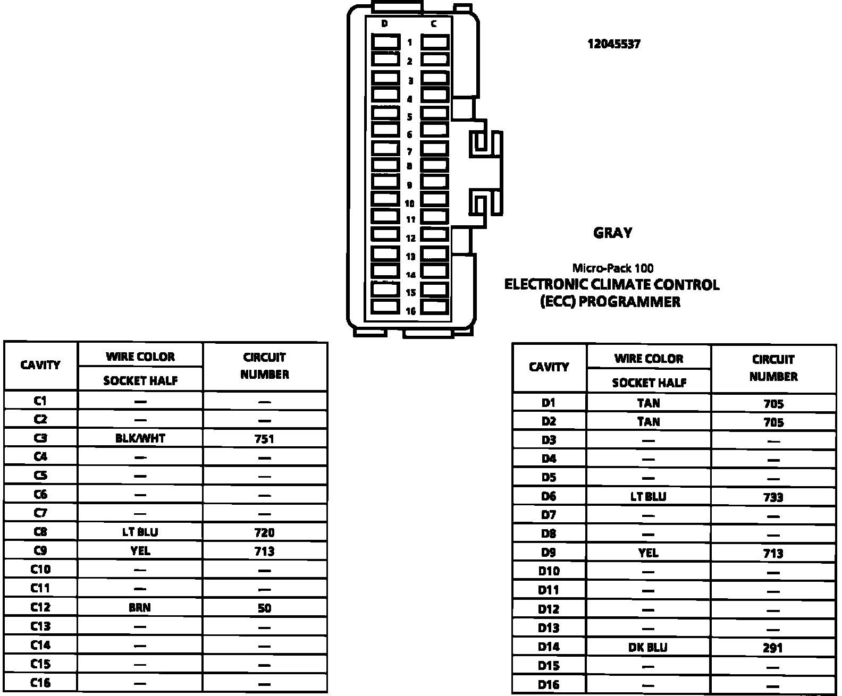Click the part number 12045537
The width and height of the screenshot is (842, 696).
[614, 44]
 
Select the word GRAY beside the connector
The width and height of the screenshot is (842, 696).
[612, 233]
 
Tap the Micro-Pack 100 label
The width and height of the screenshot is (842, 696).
[613, 268]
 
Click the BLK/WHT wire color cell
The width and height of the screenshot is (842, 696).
[140, 438]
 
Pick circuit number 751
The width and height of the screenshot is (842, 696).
[264, 438]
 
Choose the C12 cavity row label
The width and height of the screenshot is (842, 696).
[40, 607]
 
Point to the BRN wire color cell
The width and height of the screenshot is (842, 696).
[140, 607]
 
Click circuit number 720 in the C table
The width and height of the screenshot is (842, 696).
[264, 532]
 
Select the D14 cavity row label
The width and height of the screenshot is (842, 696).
[549, 647]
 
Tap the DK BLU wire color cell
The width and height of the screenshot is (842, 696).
[648, 647]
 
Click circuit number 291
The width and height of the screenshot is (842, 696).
[773, 648]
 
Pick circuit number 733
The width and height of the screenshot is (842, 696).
[773, 497]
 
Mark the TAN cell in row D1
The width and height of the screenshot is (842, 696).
[648, 403]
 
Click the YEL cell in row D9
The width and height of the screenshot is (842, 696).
[648, 553]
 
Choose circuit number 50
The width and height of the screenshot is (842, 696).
[264, 607]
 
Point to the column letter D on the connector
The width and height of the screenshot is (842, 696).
[384, 24]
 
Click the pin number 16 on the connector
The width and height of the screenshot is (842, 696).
[410, 311]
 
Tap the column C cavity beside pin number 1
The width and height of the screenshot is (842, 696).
[435, 42]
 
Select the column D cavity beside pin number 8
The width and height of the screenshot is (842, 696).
[385, 165]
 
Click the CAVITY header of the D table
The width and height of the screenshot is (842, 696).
[549, 367]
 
